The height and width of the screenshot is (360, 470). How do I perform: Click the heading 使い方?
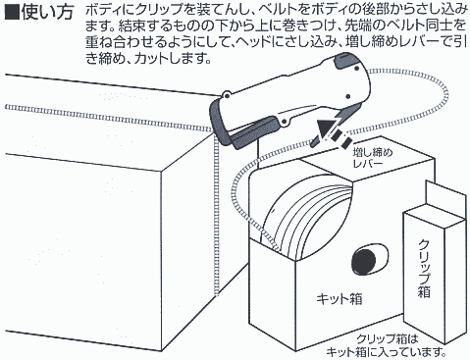[47, 13]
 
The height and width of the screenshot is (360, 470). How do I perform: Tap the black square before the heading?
[13, 13]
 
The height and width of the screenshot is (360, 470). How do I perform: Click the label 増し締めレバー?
[373, 158]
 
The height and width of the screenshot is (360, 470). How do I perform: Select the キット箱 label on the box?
[339, 299]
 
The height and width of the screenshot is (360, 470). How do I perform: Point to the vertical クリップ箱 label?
[424, 269]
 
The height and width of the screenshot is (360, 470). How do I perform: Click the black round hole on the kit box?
[364, 262]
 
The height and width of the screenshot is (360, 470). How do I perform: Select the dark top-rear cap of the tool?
[347, 61]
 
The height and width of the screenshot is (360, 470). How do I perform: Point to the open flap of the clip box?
[444, 199]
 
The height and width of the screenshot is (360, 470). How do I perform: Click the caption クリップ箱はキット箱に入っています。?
[386, 345]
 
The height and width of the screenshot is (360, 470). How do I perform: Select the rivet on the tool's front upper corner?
[226, 96]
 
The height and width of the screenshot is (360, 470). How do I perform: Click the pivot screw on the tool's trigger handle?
[284, 123]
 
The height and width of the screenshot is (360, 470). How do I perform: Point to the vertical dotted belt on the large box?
[215, 214]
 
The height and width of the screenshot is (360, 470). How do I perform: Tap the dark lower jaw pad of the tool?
[253, 134]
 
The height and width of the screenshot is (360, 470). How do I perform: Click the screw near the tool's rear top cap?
[356, 69]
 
